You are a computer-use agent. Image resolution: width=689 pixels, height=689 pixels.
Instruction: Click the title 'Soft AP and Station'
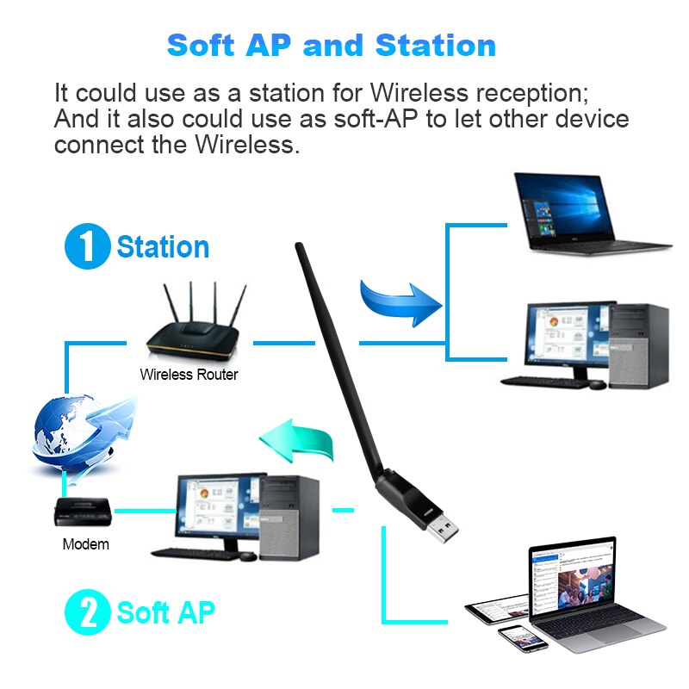tap(332, 45)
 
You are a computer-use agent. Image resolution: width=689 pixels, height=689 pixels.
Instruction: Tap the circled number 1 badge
tap(87, 246)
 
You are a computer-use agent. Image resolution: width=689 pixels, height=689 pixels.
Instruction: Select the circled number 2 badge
tap(87, 613)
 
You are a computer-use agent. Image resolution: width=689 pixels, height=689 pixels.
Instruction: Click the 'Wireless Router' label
tap(189, 375)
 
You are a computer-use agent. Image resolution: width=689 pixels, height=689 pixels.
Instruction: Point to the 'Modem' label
tap(86, 544)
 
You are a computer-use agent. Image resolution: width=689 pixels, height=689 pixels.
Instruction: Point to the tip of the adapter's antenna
tap(300, 248)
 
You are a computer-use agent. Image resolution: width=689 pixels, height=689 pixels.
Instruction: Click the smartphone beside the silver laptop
tap(523, 637)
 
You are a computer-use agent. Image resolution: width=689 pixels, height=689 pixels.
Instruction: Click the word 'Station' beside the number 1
tap(163, 247)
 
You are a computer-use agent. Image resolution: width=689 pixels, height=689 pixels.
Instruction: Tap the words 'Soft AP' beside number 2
tap(165, 613)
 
